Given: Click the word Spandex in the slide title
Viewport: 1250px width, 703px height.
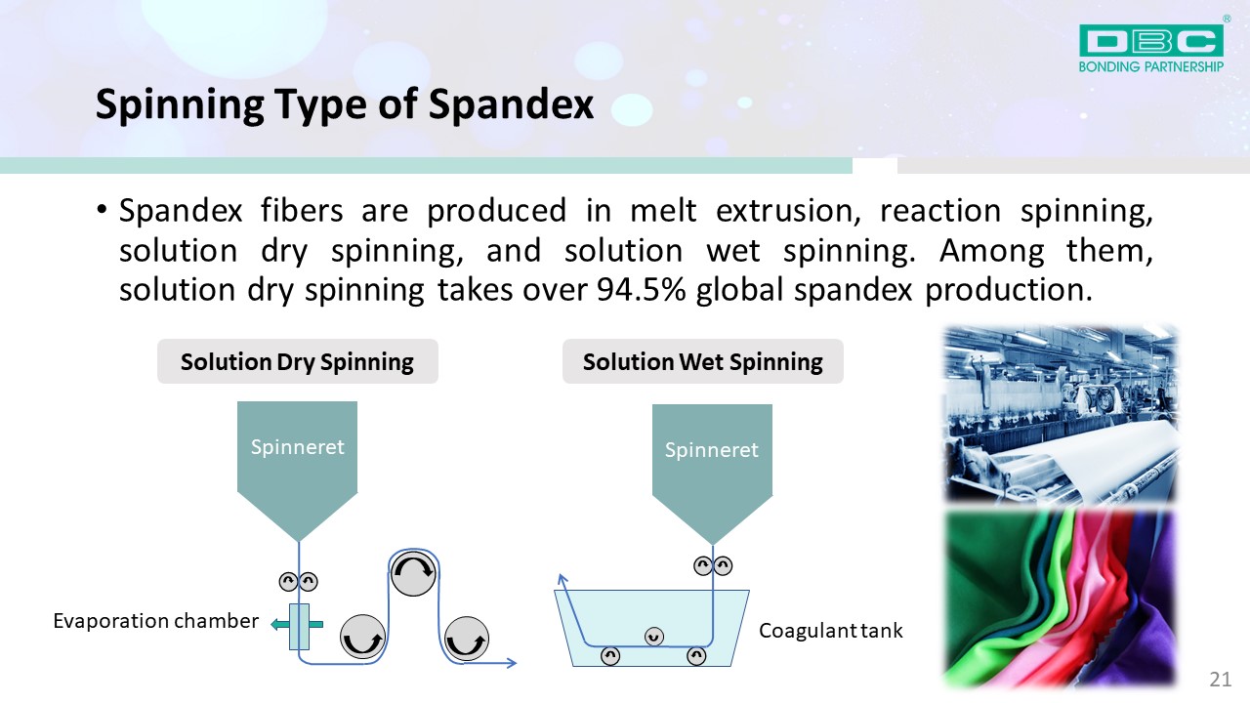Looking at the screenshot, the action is tap(511, 104).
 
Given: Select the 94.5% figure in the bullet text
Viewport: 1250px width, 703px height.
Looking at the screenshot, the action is tap(642, 290).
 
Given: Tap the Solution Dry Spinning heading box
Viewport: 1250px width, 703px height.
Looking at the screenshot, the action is tap(298, 361).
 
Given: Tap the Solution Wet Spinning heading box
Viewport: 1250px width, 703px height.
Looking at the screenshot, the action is tap(702, 361).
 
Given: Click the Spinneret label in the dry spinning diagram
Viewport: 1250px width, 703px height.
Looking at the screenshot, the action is tap(298, 447).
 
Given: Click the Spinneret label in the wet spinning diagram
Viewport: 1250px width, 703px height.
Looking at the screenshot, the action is tap(712, 450).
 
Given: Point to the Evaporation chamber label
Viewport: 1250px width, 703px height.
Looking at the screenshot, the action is tap(155, 621).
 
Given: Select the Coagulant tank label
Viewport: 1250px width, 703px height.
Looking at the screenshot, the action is tap(830, 631).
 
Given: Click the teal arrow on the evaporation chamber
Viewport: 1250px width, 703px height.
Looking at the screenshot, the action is tap(296, 624).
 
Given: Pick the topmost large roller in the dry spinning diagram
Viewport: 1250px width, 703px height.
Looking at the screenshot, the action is tap(413, 573).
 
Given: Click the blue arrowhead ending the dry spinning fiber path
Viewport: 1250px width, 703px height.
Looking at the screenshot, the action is tap(511, 663).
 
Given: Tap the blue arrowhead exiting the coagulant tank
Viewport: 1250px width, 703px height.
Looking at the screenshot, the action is tap(562, 579).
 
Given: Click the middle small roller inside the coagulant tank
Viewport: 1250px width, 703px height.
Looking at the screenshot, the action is tap(654, 636).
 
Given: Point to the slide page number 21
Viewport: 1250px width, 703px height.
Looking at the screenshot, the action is tap(1221, 680).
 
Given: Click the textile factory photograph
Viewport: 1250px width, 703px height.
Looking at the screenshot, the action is tap(1061, 414).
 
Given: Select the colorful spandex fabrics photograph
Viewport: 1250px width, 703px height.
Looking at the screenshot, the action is tap(1061, 599).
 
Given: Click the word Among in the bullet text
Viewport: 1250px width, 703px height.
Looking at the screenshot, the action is tap(991, 251).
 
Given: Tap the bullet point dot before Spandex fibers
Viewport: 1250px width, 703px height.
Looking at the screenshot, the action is tap(101, 210).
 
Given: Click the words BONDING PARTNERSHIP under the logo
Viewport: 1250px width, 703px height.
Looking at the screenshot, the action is tap(1151, 67).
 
